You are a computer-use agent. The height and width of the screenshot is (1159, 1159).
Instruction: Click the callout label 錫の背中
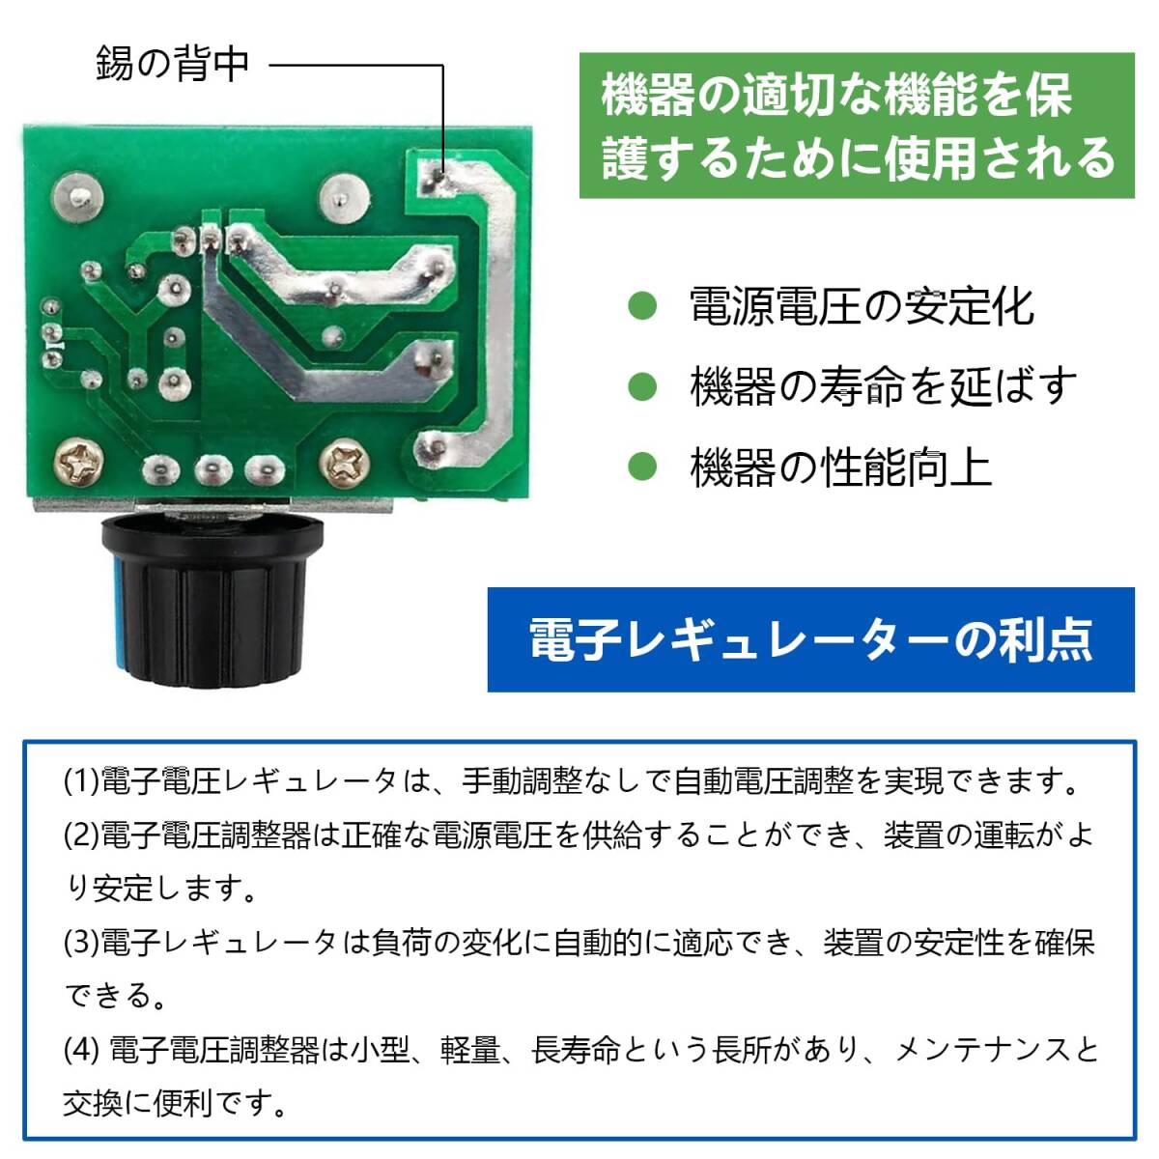(173, 64)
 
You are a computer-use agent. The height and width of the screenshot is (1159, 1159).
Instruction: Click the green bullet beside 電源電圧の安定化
(642, 307)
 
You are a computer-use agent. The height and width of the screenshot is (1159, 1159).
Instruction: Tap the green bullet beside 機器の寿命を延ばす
(642, 387)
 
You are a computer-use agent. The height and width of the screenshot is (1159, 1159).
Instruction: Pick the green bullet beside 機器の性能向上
(642, 467)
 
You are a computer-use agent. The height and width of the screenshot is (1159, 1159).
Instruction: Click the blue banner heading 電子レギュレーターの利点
(810, 638)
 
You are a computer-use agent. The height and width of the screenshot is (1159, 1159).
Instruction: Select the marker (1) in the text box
(81, 781)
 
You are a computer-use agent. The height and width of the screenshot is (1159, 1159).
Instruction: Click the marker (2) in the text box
(81, 835)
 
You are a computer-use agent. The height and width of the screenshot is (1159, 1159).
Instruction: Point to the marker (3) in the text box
(81, 943)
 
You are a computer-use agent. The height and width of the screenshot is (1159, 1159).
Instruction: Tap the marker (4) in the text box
(83, 1050)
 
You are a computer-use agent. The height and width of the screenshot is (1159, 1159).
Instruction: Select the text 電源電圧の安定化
(862, 307)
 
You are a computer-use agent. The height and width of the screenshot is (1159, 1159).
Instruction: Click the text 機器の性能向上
(840, 467)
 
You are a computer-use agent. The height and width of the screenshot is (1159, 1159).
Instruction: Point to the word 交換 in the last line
(94, 1103)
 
